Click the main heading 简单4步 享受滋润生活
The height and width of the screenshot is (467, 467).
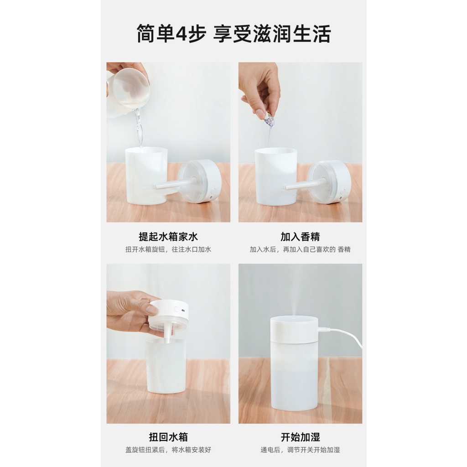coord(233,34)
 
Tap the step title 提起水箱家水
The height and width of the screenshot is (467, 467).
coord(168,237)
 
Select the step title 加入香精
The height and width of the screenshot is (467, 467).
coord(300,237)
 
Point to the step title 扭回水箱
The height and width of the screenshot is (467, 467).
coord(168,437)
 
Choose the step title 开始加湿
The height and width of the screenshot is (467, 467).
coord(300,437)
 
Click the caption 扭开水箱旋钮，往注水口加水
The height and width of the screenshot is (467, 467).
coord(168,249)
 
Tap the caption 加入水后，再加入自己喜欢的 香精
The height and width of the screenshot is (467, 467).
coord(300,249)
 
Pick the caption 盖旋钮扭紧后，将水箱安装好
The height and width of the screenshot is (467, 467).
coord(168,450)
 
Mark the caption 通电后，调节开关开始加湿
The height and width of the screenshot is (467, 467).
coord(300,450)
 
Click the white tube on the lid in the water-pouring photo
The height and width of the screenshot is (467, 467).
coord(175,184)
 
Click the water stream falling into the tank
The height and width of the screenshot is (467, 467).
coord(139,128)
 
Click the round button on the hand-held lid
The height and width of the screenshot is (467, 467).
coord(177,310)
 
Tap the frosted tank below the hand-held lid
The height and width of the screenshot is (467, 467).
coord(166,366)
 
